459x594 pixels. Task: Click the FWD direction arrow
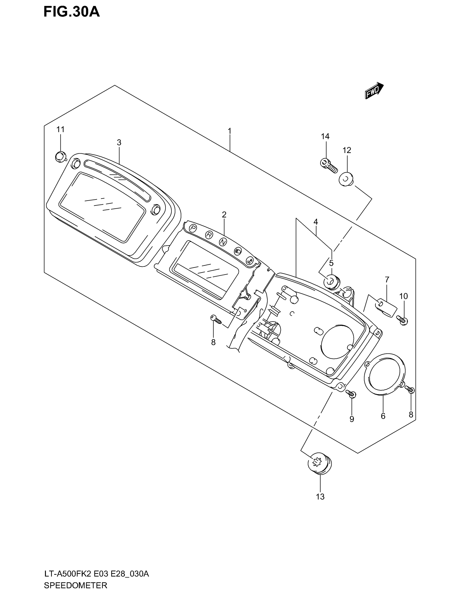pos(374,90)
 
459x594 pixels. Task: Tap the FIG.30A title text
pos(72,12)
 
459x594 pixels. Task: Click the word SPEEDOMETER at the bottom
pos(75,585)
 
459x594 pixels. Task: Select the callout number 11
pos(60,129)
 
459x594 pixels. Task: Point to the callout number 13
pos(320,497)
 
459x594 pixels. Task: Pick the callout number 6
pos(383,416)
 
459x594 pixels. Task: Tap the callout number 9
pos(352,419)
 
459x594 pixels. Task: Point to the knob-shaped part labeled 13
pos(319,463)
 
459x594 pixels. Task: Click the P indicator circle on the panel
pos(193,228)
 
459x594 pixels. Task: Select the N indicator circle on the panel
pos(223,242)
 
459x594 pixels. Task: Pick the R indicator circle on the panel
pos(209,234)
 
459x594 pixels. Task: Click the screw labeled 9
pos(351,393)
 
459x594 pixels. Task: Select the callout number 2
pos(224,215)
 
